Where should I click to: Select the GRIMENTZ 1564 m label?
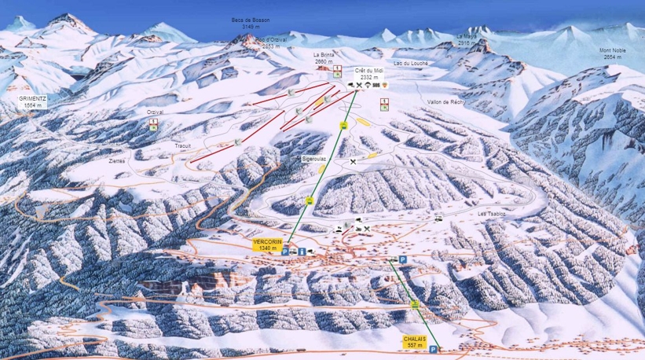coord(34,101)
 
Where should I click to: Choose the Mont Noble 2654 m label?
coord(613,53)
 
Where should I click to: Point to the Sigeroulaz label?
coord(313,159)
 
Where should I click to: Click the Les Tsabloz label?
coord(491,214)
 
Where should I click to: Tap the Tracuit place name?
coord(182,145)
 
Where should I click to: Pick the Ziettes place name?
coord(117,160)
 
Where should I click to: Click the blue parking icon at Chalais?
coord(433,349)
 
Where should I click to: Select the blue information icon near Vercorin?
coord(302,250)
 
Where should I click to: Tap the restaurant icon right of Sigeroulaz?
coord(354,162)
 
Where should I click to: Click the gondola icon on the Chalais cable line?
coord(414,304)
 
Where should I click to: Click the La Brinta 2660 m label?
coord(324,58)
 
